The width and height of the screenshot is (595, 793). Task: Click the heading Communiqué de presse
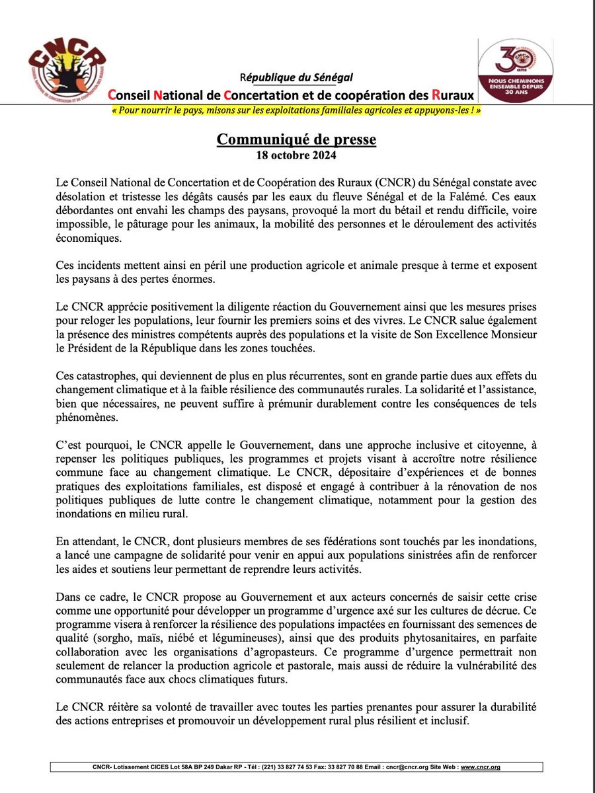[x=297, y=140]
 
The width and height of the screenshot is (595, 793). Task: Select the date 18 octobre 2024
[x=297, y=156]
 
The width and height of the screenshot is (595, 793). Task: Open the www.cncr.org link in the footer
[x=480, y=767]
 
